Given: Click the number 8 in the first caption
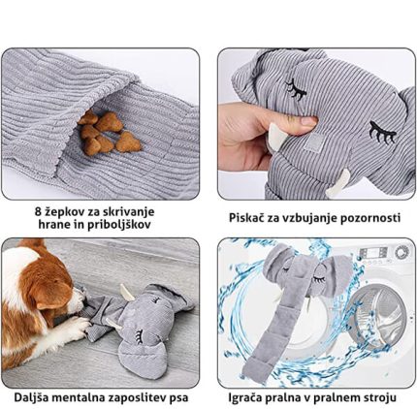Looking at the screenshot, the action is pos(38,212).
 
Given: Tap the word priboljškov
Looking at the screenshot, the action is pos(119,225).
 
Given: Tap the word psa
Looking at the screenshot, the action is pos(178,398).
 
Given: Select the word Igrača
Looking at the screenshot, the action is pos(245,398).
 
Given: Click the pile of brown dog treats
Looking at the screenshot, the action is pos(109,133).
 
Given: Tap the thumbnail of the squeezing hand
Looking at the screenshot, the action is pos(307,121).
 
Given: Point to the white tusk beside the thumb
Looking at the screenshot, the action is pos(275,136).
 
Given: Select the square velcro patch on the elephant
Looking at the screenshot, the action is pos(312,142).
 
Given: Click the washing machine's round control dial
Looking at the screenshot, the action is pos(401,252).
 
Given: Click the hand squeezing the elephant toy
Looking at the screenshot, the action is pos(255,134).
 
